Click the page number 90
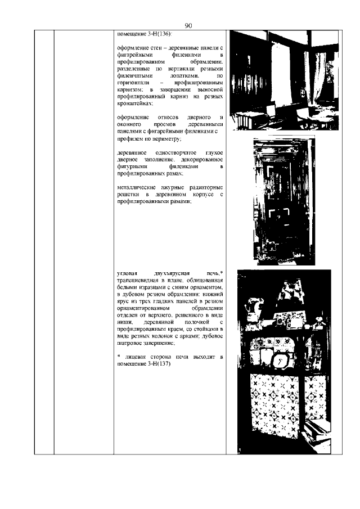tap(188, 25)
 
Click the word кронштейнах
tap(135, 103)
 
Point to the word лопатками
tap(177, 75)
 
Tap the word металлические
tap(138, 187)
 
